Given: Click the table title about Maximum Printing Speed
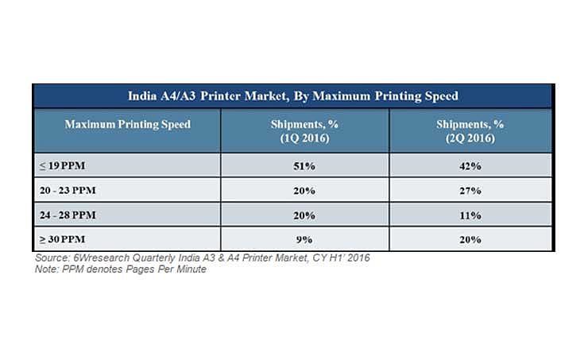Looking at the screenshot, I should pos(293,96).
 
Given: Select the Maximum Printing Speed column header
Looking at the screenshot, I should pos(127,125).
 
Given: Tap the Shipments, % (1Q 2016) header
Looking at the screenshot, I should pos(304,131).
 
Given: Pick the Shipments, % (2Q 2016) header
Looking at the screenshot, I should pos(470,131).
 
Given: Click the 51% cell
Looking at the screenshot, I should pos(304,166).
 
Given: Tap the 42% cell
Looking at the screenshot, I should pos(470,166).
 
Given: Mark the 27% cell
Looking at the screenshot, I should pos(470,191).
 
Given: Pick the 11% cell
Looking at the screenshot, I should pos(470,215).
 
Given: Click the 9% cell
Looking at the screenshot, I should pos(304,239).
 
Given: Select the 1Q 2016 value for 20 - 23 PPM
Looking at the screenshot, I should pos(304,191).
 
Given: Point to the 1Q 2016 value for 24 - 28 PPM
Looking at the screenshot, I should pos(304,215).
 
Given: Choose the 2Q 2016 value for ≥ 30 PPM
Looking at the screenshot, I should pos(470,239).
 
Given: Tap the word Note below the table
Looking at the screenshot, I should pos(46,269).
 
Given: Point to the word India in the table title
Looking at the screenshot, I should pos(145,96).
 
